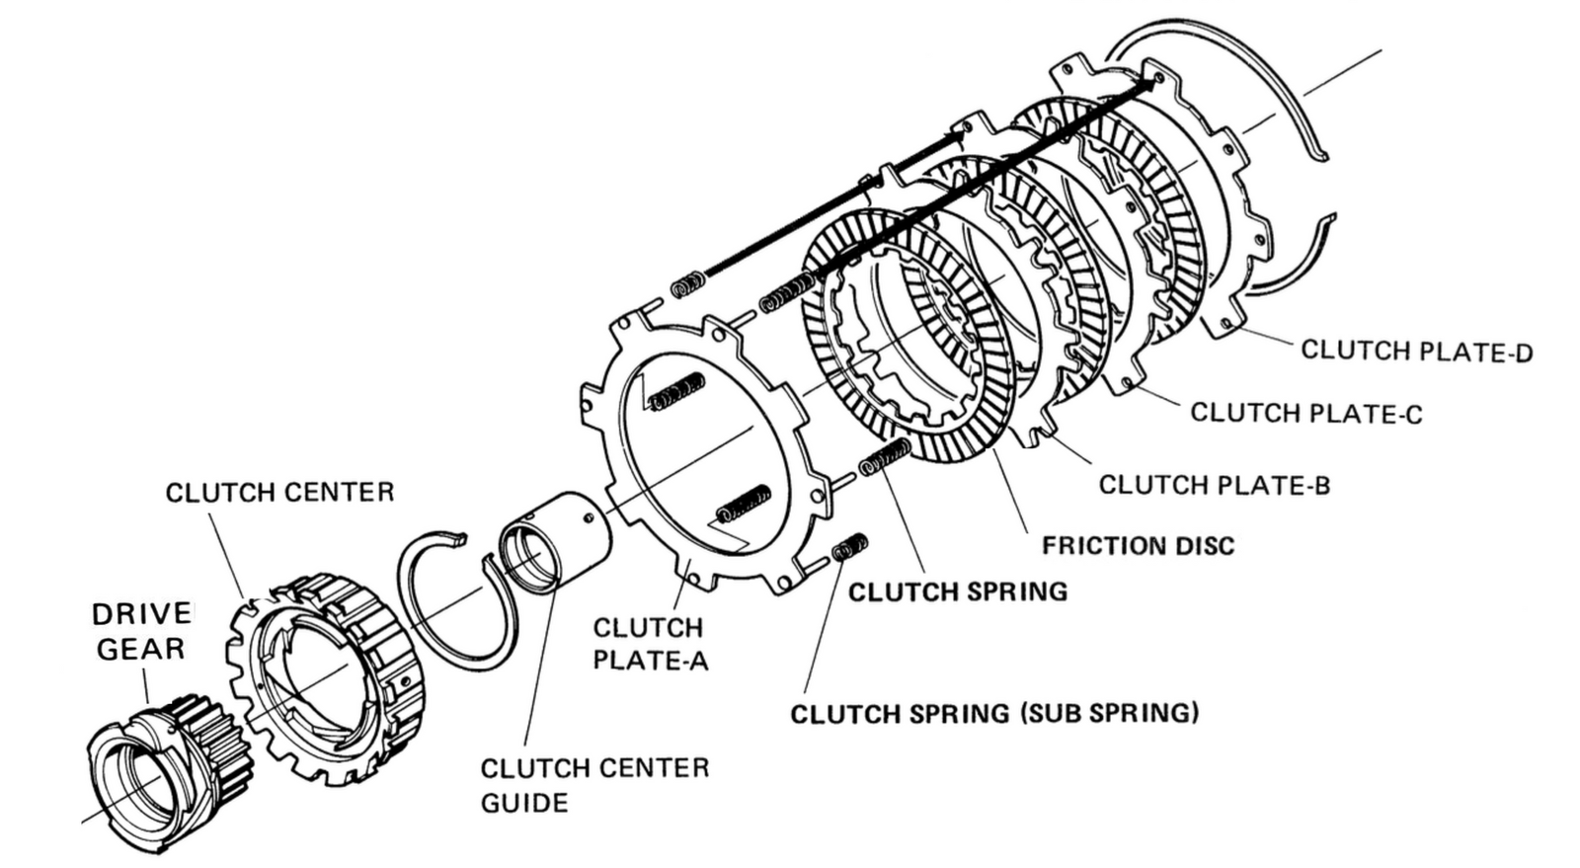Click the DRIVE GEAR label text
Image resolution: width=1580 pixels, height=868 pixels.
pos(142,631)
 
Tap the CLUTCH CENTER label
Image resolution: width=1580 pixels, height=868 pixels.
pos(279,492)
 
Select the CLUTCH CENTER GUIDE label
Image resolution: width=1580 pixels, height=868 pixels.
pos(593,784)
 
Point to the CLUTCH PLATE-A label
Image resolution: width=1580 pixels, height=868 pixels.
pos(649,643)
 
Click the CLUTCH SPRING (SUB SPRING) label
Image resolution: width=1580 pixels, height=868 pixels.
pos(993,713)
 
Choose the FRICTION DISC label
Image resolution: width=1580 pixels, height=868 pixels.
pos(1138,545)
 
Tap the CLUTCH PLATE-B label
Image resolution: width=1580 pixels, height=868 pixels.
pos(1214,485)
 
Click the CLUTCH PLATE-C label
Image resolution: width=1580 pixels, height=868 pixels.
pos(1305,413)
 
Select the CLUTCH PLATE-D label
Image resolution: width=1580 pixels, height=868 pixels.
pos(1416,351)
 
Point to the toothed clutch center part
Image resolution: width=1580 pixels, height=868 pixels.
pos(331,662)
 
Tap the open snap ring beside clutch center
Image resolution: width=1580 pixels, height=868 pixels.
pos(456,602)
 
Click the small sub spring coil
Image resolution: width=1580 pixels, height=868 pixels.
pos(849,546)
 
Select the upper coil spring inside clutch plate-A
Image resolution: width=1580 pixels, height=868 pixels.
pos(675,391)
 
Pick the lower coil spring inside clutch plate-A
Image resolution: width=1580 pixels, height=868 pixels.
pos(744,504)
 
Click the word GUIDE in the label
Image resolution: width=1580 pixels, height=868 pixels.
pos(523,802)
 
